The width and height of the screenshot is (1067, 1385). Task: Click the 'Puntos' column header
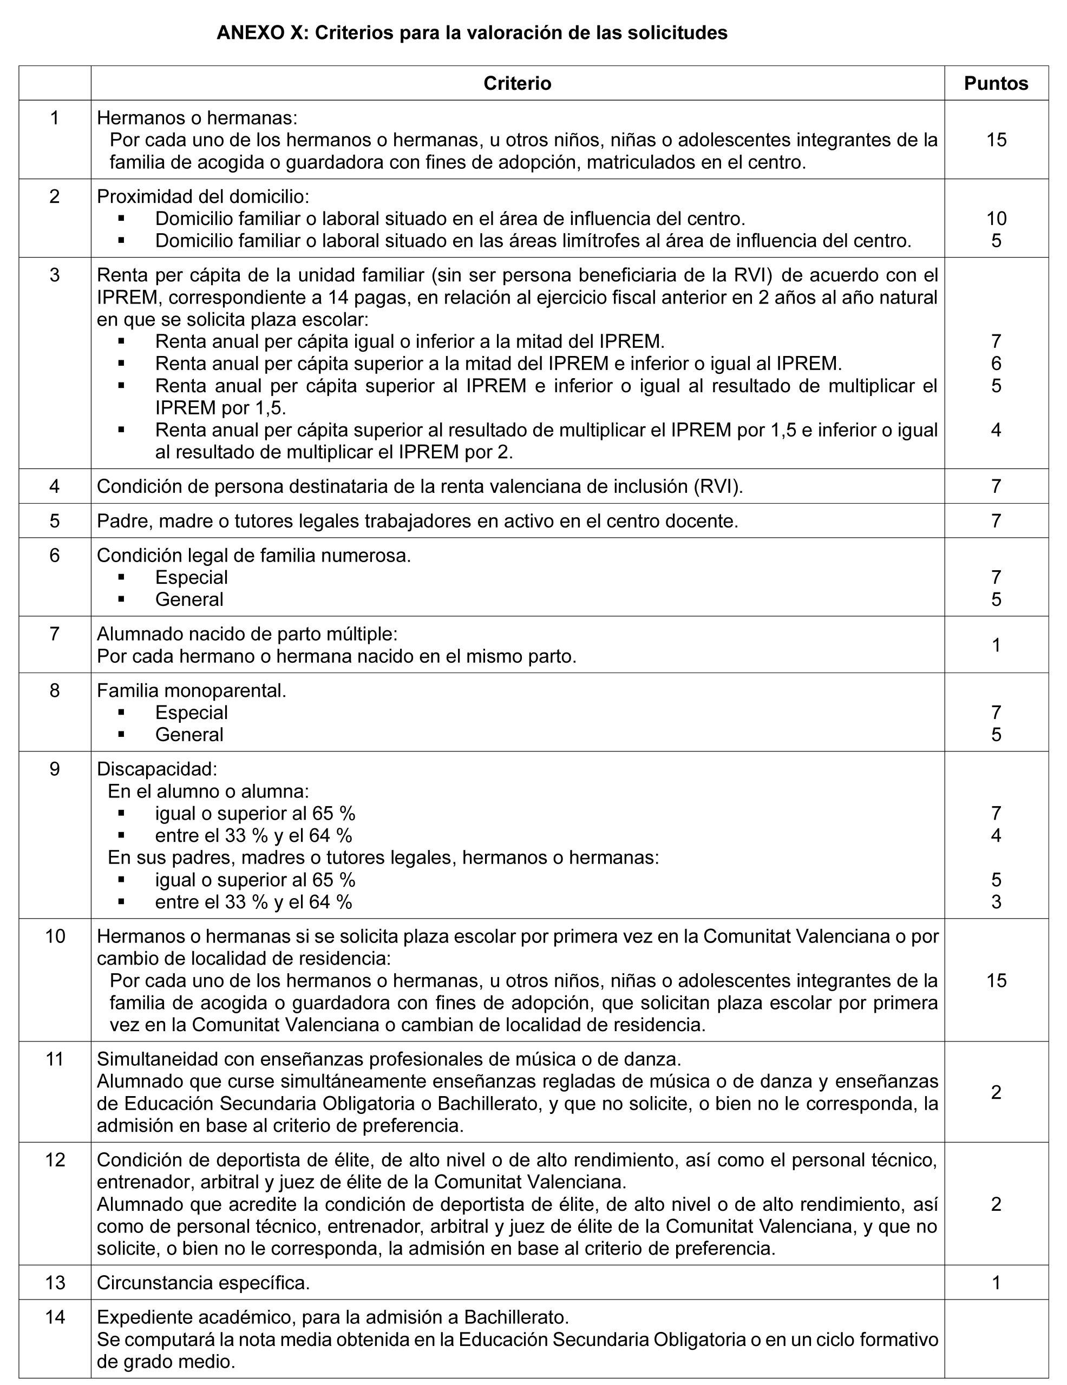coord(996,84)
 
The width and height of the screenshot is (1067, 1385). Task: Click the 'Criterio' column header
coord(517,84)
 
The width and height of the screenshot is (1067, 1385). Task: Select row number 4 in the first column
coord(55,486)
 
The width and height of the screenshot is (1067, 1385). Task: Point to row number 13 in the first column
coord(55,1283)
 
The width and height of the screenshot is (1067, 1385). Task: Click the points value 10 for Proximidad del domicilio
coord(996,219)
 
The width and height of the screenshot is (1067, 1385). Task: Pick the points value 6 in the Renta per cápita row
coord(996,364)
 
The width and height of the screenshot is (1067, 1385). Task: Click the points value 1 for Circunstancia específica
coord(996,1283)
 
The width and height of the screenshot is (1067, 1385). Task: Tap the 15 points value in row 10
coord(996,980)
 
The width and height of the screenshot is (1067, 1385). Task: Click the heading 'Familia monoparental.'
coord(192,690)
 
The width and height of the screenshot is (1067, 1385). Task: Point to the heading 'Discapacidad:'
coord(156,769)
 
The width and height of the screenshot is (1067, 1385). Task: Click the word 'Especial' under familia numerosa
coord(191,578)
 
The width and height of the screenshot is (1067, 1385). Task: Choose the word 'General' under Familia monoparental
coord(189,735)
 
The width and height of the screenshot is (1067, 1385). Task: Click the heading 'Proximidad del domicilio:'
coord(203,196)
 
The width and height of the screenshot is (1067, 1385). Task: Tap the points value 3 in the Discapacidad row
coord(996,902)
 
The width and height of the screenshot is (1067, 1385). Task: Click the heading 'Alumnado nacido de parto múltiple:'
coord(247,634)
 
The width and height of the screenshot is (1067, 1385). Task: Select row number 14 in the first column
coord(55,1317)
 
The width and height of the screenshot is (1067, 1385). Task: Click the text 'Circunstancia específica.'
coord(203,1283)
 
